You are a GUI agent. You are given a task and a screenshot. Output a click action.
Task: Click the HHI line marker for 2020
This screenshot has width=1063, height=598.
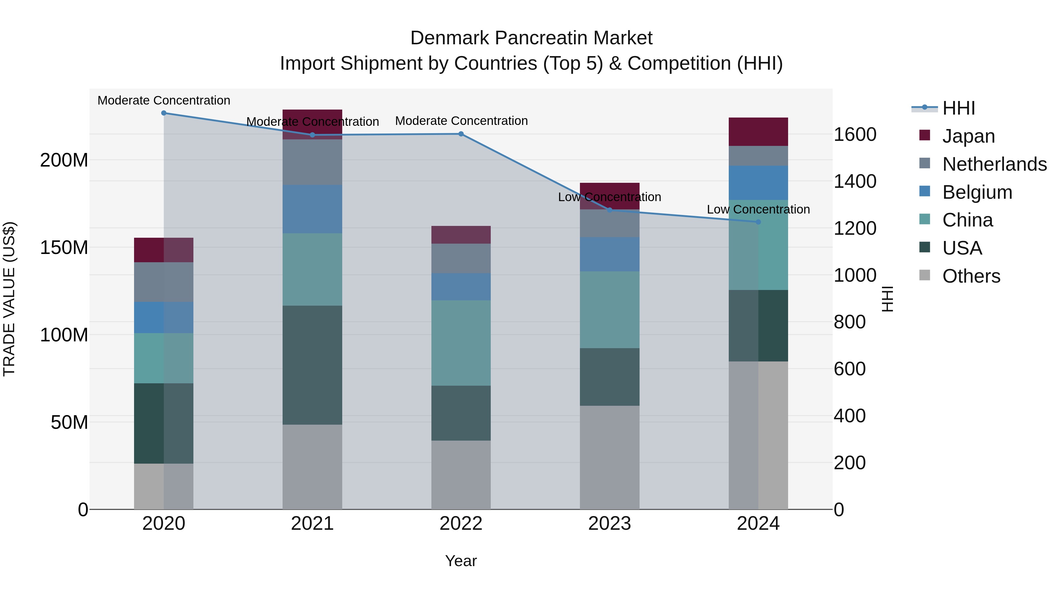coord(164,113)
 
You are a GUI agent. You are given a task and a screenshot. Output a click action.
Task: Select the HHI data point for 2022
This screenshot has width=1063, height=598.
coord(461,134)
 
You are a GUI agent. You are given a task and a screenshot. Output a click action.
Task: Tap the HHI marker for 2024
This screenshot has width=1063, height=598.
coord(758,222)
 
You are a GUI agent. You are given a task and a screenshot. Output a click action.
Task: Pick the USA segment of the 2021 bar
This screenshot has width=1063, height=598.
coord(312,365)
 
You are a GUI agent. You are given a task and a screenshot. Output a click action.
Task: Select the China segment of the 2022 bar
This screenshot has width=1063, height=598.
coord(461,343)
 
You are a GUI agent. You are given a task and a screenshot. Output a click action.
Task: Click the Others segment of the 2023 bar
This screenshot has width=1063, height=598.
coord(609,457)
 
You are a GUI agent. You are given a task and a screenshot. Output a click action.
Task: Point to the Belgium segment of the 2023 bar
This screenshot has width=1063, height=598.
coord(609,254)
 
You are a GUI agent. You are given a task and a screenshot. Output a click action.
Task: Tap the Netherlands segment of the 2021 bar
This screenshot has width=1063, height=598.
coord(312,162)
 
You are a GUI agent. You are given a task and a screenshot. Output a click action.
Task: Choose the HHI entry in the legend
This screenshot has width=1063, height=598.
coord(958,108)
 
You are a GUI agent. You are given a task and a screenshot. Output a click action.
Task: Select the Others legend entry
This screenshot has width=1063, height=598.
coord(971,276)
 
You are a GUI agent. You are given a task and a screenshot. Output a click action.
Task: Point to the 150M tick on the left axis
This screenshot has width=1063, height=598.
coord(64,248)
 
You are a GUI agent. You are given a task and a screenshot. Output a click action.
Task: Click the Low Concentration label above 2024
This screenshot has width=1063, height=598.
coord(758,210)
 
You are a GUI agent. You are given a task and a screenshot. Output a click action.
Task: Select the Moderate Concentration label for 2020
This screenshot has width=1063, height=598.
coord(164,101)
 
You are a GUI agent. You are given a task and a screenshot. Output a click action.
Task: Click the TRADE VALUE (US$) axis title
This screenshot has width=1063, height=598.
coord(9,299)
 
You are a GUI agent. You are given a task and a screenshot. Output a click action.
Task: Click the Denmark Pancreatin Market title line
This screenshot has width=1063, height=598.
coord(531,38)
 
